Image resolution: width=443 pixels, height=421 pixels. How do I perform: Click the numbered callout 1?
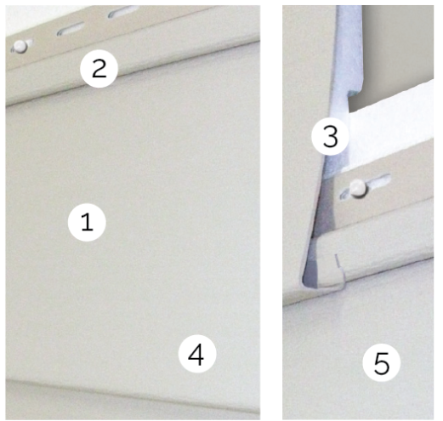87,222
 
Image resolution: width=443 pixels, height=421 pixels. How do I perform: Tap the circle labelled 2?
99,69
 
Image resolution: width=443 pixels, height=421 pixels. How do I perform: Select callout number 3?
330,136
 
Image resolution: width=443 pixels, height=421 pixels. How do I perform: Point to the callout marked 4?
197,354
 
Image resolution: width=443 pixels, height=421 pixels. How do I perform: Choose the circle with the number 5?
382,362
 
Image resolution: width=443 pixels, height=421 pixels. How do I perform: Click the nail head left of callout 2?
20,46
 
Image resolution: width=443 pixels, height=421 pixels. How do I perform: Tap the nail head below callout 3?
358,188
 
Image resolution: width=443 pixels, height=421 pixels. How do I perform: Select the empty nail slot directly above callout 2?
71,29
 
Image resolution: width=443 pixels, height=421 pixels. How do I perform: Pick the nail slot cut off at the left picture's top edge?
123,12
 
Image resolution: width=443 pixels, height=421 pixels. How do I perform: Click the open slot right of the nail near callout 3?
379,180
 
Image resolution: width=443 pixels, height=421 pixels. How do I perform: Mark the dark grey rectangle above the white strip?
395,58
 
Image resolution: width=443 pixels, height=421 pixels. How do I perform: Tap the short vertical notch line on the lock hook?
338,261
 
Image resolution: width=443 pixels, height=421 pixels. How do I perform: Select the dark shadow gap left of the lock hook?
310,272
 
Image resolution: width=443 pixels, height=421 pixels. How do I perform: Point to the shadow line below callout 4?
133,393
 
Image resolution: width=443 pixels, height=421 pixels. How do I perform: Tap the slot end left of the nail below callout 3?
345,195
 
